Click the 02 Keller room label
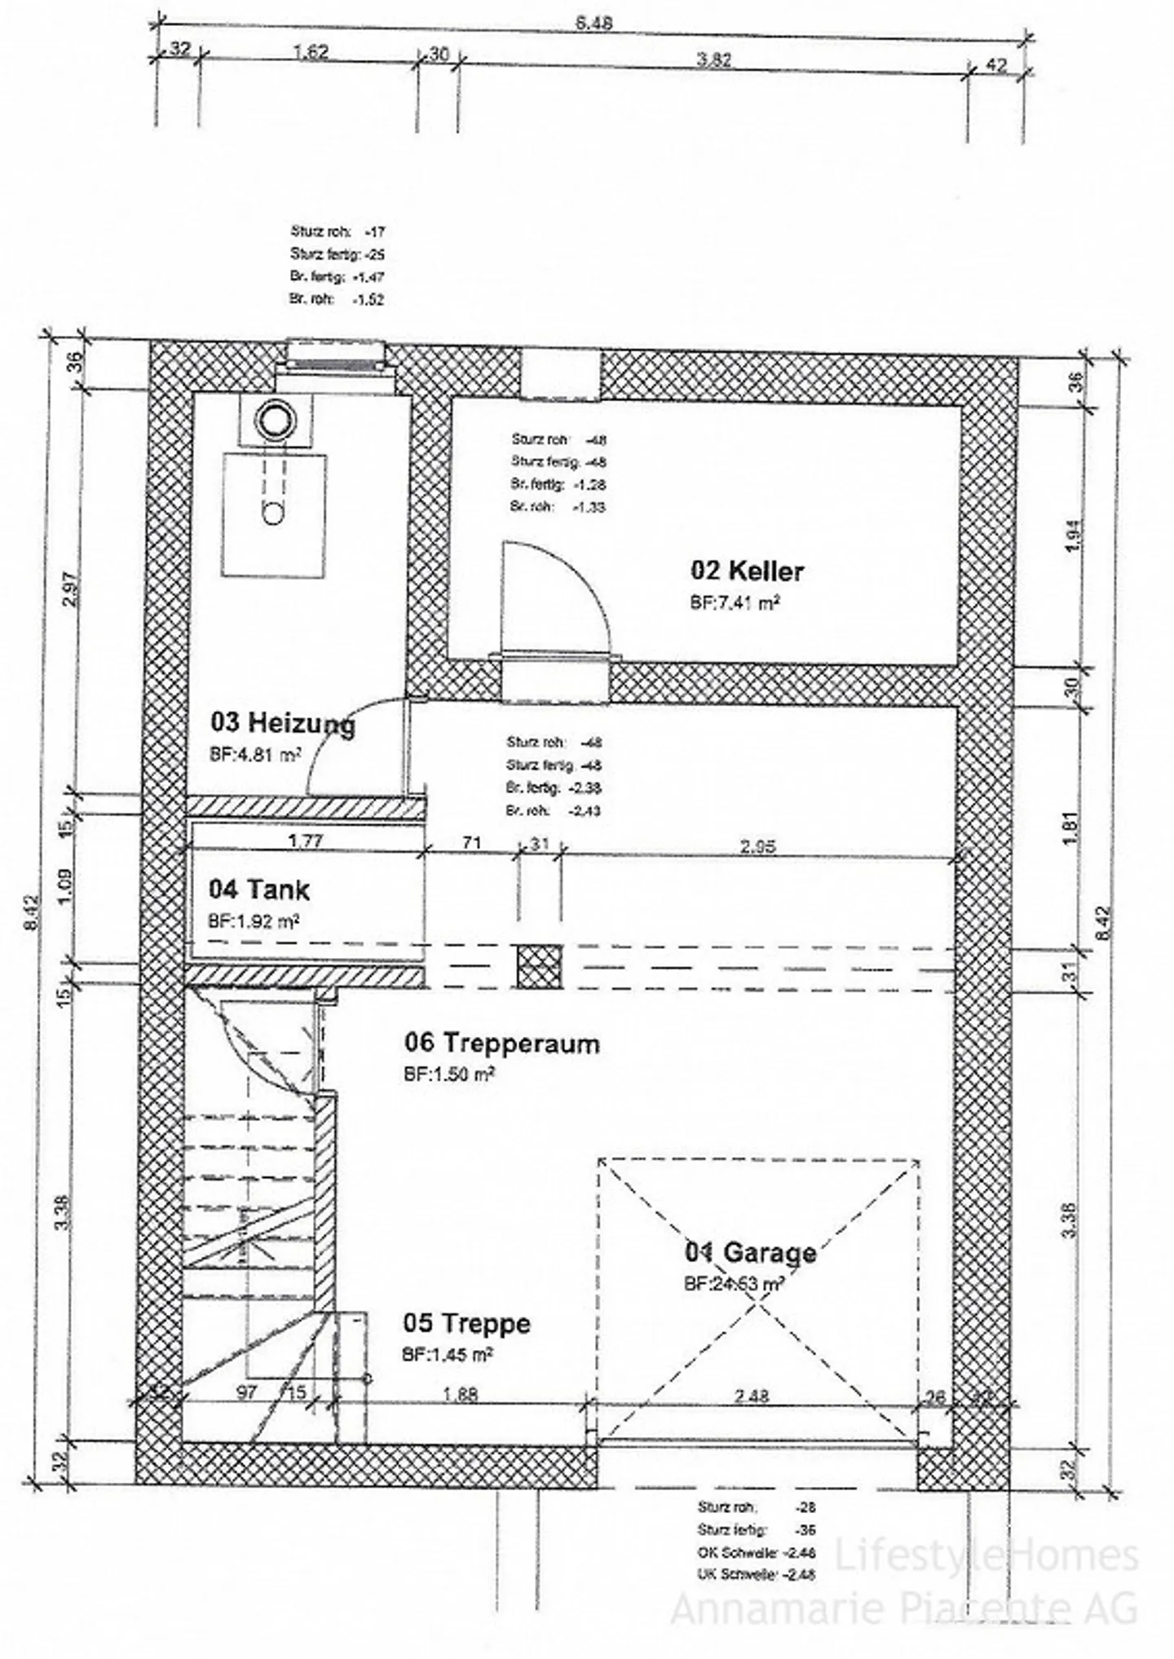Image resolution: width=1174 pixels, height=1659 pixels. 747,571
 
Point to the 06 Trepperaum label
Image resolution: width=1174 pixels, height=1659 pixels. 501,1043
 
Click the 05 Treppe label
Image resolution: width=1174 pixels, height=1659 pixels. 466,1322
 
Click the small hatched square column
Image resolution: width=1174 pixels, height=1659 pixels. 538,965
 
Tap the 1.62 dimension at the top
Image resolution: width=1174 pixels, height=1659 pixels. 310,51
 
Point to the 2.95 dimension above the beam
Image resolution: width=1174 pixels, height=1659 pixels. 757,846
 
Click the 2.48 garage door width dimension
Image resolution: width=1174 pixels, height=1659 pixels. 751,1396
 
